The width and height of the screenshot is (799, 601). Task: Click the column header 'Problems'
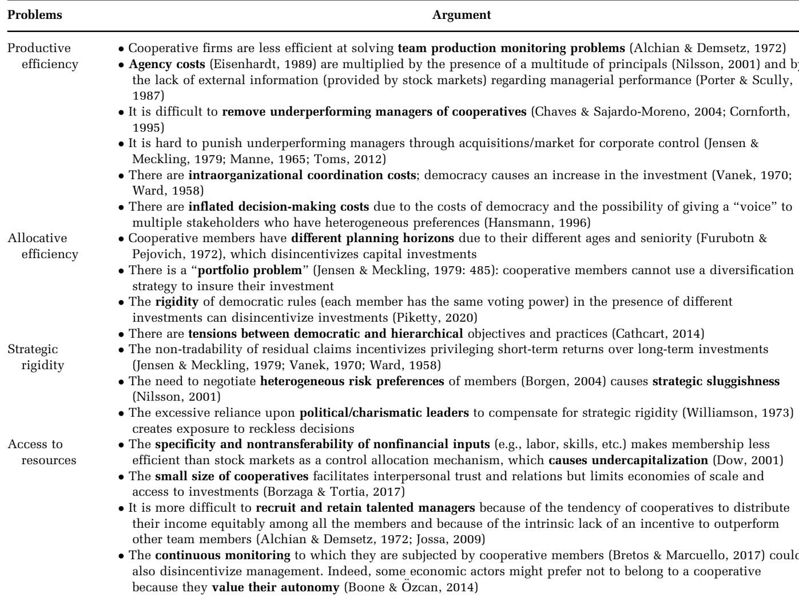click(35, 15)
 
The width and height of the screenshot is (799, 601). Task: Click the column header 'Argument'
click(462, 15)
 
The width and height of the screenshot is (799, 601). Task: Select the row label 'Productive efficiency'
click(42, 56)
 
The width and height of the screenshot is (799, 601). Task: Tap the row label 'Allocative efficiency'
click(42, 246)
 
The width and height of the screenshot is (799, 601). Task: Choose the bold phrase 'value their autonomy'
click(275, 587)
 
